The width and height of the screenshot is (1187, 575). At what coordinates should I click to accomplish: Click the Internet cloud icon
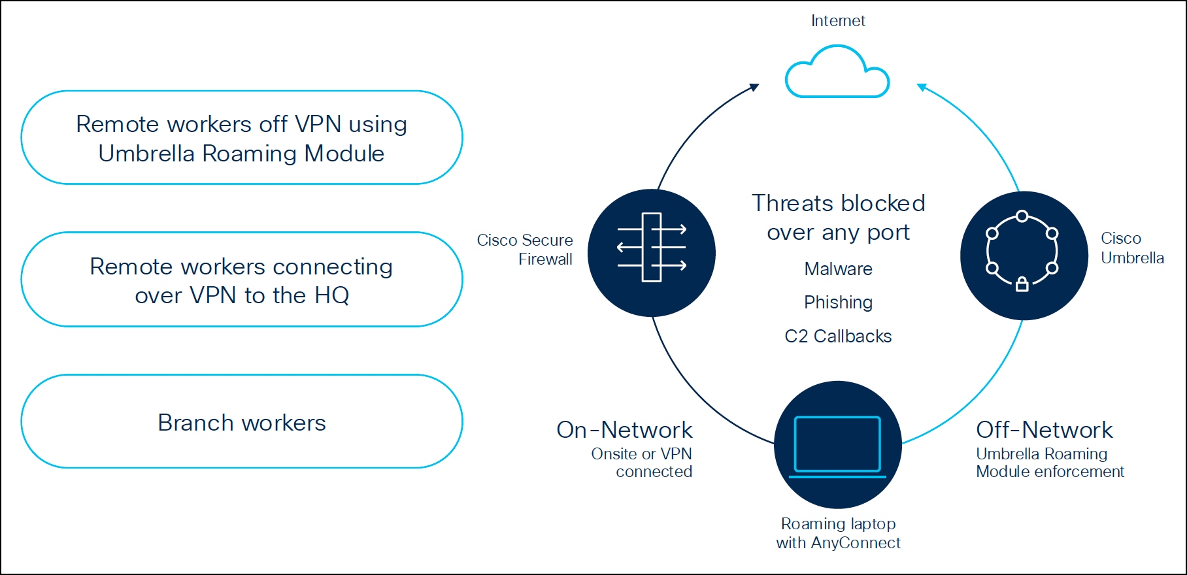click(x=837, y=73)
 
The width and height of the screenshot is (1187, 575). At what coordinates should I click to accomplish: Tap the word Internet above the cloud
click(x=838, y=21)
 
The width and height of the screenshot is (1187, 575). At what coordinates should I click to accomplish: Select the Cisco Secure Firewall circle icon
click(x=652, y=253)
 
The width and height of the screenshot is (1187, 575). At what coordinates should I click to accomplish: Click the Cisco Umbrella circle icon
click(x=1024, y=255)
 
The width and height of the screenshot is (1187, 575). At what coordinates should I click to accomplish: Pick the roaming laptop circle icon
click(x=837, y=445)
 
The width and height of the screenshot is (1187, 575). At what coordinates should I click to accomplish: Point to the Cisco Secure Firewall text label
click(x=526, y=250)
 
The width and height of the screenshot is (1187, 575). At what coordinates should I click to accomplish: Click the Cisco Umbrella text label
click(x=1131, y=248)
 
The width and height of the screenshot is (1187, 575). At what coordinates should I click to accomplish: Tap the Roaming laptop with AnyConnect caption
click(x=838, y=533)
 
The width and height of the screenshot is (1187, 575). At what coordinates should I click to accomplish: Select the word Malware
click(x=838, y=269)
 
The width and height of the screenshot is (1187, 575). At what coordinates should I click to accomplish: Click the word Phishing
click(x=838, y=303)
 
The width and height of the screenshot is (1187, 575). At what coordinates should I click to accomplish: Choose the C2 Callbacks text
click(x=838, y=337)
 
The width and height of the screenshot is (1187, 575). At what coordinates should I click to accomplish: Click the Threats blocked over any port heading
click(x=838, y=218)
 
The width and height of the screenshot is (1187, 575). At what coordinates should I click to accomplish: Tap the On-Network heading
click(x=624, y=430)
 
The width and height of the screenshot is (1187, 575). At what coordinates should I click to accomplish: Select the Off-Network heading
click(x=1044, y=430)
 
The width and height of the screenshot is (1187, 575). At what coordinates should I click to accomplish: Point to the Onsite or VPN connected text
click(x=642, y=463)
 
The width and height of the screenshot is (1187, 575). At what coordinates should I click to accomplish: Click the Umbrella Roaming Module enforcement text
click(x=1050, y=463)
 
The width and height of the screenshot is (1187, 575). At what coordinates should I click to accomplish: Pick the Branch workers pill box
click(x=242, y=422)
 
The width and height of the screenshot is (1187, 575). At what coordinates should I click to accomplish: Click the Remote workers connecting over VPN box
click(x=242, y=280)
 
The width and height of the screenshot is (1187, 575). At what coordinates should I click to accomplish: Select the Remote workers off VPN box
click(x=242, y=138)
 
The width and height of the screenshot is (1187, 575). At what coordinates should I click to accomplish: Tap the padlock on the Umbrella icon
click(x=1022, y=284)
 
